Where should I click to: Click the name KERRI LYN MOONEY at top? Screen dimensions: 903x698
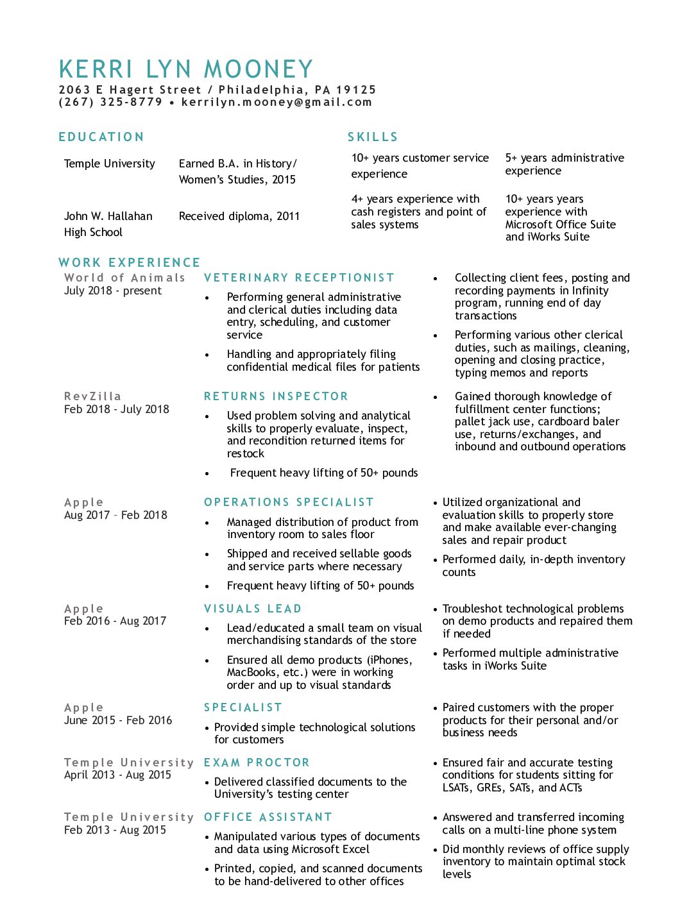pyautogui.click(x=186, y=69)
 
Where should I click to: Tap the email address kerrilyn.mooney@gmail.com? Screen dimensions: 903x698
pyautogui.click(x=277, y=102)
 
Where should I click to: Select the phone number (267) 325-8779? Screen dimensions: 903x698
pyautogui.click(x=110, y=102)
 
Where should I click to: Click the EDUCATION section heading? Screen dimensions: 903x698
pyautogui.click(x=101, y=137)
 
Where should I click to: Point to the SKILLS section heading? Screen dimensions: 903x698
pyautogui.click(x=373, y=137)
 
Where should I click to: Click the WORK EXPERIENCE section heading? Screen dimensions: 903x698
pyautogui.click(x=130, y=262)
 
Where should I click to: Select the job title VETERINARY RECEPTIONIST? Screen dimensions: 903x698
pyautogui.click(x=299, y=278)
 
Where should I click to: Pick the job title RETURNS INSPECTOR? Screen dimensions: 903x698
pyautogui.click(x=276, y=396)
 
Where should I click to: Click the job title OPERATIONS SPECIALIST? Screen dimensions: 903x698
pyautogui.click(x=289, y=502)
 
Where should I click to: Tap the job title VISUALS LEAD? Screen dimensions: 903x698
pyautogui.click(x=253, y=609)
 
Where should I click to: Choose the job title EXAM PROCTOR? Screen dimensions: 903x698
pyautogui.click(x=257, y=763)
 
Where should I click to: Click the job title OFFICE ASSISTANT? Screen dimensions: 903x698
pyautogui.click(x=268, y=817)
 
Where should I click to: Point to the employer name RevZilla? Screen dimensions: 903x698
pyautogui.click(x=93, y=396)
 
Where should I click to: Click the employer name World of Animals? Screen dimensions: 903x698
pyautogui.click(x=124, y=278)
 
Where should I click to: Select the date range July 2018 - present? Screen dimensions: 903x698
pyautogui.click(x=113, y=291)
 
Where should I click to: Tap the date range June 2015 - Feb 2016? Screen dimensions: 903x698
pyautogui.click(x=118, y=720)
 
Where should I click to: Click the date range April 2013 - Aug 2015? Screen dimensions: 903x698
pyautogui.click(x=117, y=775)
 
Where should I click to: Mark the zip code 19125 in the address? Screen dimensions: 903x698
pyautogui.click(x=356, y=90)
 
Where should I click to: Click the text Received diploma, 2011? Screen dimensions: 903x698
pyautogui.click(x=239, y=216)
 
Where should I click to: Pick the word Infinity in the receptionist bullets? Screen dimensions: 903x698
pyautogui.click(x=590, y=291)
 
